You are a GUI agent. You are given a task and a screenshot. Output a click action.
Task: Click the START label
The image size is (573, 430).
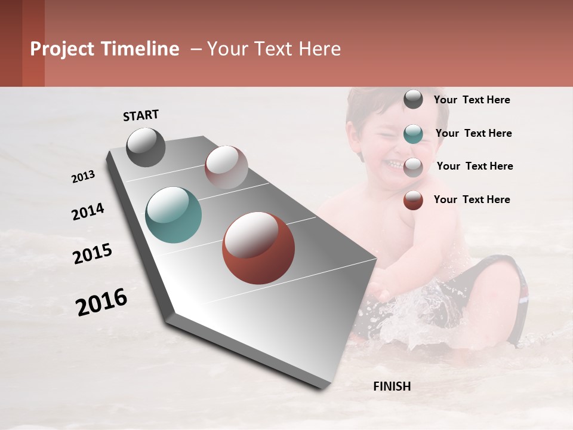141,115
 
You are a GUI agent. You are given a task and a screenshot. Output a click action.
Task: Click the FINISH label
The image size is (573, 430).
392,386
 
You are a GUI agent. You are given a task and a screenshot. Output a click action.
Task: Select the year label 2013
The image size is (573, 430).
83,177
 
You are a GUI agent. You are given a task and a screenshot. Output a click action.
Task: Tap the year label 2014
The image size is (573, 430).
88,211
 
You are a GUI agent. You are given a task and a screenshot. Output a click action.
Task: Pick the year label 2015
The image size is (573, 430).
93,254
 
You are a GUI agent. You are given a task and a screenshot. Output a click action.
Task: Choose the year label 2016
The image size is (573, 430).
101,302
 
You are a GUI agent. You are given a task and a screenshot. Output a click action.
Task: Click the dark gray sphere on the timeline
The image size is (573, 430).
146,147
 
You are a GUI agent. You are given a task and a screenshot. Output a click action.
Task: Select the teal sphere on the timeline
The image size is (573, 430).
173,215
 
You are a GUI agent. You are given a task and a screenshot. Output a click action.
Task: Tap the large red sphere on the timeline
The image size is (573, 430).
258,248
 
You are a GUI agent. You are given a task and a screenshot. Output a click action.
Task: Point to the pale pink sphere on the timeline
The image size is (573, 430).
226,167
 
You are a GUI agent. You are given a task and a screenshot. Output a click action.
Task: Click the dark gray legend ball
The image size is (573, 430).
413,100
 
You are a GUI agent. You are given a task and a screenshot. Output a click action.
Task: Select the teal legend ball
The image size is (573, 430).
413,134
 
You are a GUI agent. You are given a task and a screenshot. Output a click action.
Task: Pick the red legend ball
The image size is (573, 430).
413,200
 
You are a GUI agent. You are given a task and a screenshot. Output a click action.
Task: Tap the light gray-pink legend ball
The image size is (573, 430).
413,167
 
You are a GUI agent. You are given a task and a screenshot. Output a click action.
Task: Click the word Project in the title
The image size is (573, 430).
61,49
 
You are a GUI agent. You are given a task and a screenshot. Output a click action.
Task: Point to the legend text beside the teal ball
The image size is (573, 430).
473,133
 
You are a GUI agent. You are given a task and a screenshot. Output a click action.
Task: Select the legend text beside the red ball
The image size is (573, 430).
472,199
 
